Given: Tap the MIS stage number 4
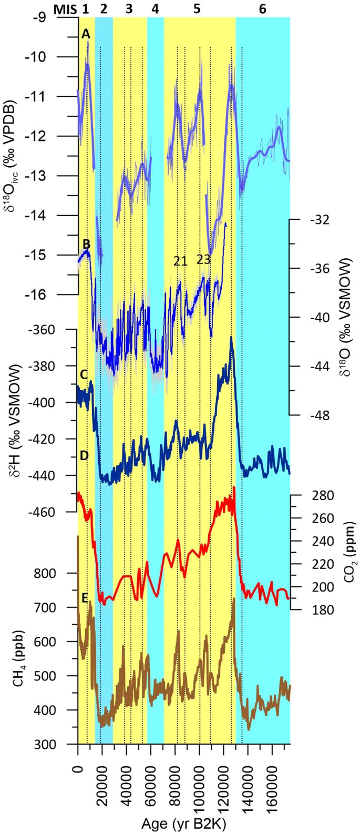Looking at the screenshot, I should click(155, 9).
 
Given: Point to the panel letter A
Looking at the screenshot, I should click(85, 34).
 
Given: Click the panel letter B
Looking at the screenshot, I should click(86, 244).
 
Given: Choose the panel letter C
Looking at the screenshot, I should click(84, 375).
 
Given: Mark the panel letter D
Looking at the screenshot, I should click(84, 456).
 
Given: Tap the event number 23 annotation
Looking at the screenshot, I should click(203, 259).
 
